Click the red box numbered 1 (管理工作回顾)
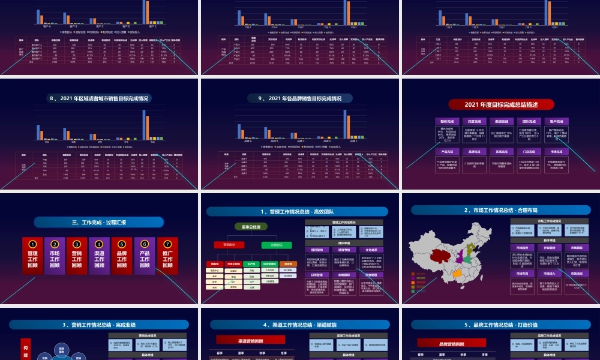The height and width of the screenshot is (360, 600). pos(32,256)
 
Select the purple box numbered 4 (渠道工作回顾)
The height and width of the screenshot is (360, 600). pos(99,256)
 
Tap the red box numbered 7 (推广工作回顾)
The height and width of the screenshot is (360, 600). pos(167,256)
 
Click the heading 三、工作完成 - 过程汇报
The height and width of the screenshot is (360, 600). pos(99,223)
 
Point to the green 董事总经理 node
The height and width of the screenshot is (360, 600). pos(250,227)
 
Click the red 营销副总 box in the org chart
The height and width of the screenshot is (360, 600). pos(229,245)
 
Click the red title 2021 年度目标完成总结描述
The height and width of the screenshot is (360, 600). pos(501,104)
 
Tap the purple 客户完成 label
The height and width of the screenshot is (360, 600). pos(557,121)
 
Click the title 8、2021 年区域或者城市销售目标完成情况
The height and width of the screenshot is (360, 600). pos(99,98)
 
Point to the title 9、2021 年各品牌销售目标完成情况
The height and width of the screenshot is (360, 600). pos(299,98)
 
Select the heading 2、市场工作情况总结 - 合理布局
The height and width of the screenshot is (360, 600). pos(501,211)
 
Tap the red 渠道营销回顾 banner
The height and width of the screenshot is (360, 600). pos(250,340)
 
